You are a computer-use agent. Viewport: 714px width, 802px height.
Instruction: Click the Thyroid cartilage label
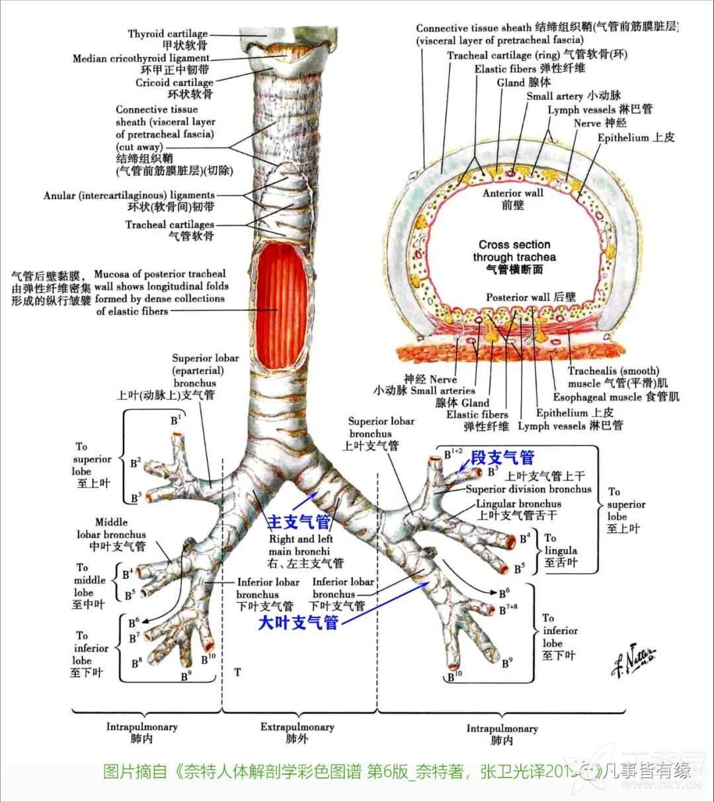[x=168, y=34]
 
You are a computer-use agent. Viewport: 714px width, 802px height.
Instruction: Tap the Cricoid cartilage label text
[x=175, y=83]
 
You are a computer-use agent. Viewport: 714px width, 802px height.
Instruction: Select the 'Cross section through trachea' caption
[x=514, y=251]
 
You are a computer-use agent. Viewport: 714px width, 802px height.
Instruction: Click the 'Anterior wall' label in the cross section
[x=512, y=193]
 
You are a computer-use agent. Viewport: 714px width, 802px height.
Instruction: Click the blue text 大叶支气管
[x=297, y=623]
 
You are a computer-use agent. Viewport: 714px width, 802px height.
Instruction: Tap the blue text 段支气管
[x=502, y=457]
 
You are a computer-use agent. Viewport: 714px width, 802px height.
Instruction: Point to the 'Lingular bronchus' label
[x=509, y=504]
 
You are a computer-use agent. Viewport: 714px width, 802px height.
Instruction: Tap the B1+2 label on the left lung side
[x=454, y=453]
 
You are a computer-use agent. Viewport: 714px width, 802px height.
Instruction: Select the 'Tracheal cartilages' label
[x=170, y=224]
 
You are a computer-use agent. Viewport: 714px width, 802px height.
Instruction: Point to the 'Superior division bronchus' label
[x=528, y=490]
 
